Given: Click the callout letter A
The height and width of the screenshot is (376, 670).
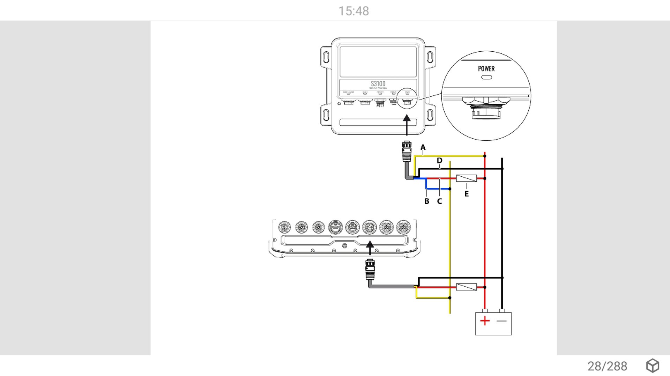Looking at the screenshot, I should [x=423, y=147].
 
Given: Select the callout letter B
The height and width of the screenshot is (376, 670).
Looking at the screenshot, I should [x=426, y=201].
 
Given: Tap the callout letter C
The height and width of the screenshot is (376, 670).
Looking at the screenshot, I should [x=439, y=201].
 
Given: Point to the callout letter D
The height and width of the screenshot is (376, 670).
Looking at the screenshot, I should [x=439, y=161].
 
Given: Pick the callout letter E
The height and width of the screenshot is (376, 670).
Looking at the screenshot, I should [x=467, y=194].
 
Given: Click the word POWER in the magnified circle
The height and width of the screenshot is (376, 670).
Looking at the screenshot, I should [x=486, y=69].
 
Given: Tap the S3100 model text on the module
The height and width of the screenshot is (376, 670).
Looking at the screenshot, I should [x=378, y=84].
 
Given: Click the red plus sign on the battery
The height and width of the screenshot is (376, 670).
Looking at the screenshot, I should [x=485, y=321].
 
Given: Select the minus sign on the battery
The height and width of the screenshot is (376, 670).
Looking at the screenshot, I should [x=501, y=321].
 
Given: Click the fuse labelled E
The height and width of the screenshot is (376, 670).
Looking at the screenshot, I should [x=466, y=178].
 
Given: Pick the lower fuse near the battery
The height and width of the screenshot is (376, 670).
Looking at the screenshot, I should [x=466, y=287].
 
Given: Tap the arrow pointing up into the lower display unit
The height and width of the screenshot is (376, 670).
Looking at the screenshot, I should [x=370, y=247].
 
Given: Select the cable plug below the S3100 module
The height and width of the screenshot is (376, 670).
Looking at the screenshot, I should [x=407, y=151].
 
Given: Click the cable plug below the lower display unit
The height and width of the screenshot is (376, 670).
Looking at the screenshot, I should [x=370, y=269].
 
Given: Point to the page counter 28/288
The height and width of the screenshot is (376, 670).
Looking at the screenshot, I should [x=607, y=366].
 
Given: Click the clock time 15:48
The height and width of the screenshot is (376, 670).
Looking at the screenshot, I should [x=353, y=11].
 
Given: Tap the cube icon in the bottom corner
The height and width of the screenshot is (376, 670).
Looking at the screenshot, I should [x=653, y=366].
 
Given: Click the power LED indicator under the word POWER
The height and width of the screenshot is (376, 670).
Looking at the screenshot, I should [x=486, y=77].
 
